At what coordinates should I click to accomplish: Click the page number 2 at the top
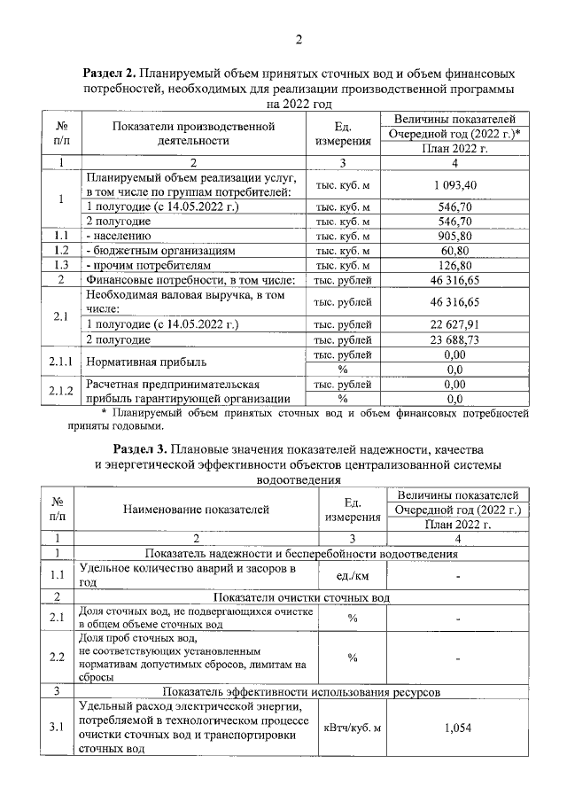point(299,38)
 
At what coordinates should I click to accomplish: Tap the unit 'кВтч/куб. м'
point(352,728)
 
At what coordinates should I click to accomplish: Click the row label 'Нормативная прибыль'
point(145,362)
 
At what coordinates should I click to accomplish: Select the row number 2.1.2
point(59,391)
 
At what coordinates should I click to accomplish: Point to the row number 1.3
point(59,265)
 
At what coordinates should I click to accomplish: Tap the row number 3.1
point(59,728)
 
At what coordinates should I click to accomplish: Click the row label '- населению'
point(118,236)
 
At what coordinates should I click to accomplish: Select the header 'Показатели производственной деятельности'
point(193,133)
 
